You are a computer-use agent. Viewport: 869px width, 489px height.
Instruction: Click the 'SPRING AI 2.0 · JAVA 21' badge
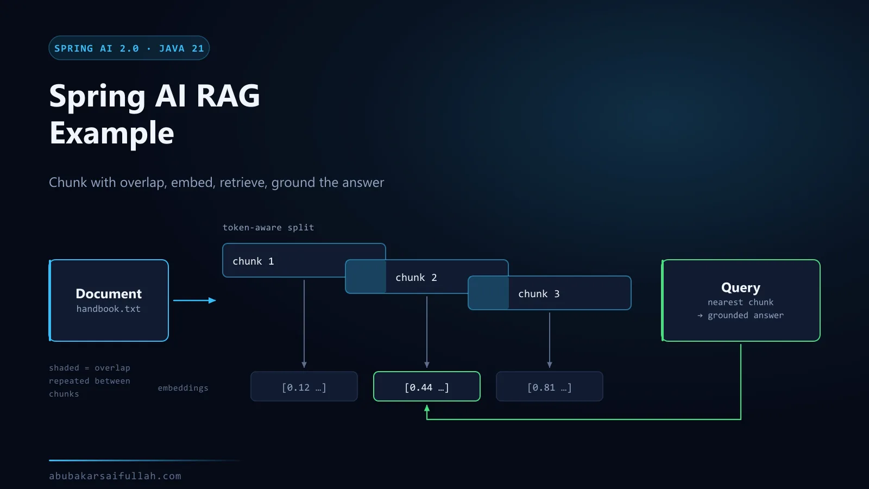[x=129, y=48]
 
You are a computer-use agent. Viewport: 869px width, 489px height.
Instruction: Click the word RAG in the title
[x=228, y=96]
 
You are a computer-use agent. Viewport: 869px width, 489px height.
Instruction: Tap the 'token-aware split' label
[x=268, y=228]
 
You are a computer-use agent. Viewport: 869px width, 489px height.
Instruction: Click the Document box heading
[x=109, y=294]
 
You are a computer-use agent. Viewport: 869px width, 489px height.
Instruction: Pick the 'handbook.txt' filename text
[x=108, y=309]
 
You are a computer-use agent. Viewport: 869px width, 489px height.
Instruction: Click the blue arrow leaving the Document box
[x=194, y=300]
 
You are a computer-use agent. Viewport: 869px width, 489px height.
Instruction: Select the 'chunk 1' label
[x=253, y=261]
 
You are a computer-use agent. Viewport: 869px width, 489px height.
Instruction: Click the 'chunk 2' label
[x=416, y=278]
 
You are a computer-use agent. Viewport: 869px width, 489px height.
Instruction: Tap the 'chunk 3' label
[x=539, y=294]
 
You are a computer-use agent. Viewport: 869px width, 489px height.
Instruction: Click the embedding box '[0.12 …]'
[x=304, y=386]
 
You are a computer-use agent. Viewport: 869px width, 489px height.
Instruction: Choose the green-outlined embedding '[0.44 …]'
[x=427, y=386]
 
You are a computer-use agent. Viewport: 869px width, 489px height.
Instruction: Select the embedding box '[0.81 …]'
[x=549, y=386]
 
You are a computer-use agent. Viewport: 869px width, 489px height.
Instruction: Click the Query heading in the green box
[x=741, y=288]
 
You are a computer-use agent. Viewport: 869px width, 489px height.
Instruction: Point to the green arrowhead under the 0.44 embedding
[x=427, y=408]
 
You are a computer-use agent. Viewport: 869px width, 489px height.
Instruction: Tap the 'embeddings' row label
[x=183, y=388]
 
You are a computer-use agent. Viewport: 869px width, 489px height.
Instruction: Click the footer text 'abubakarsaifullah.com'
[x=115, y=476]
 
